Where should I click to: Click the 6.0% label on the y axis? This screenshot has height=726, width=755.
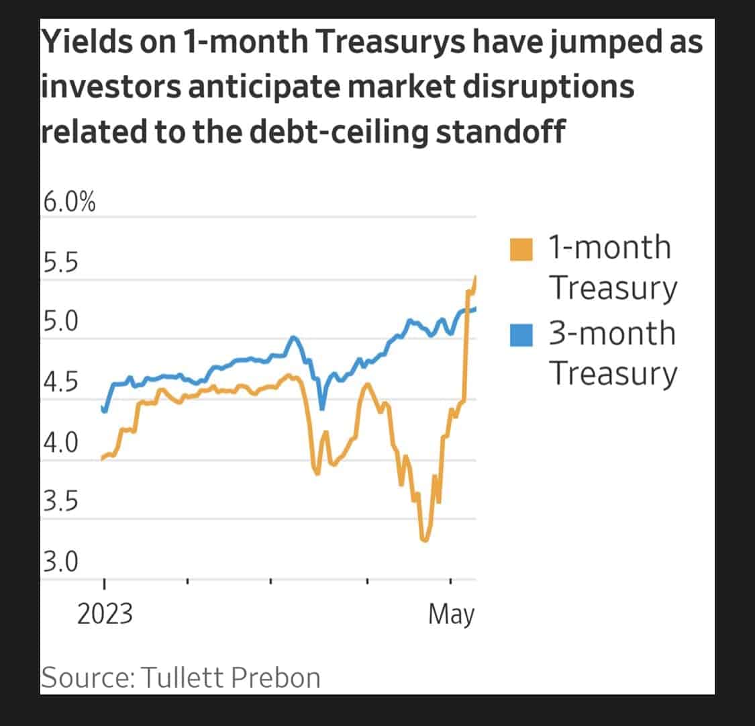tap(68, 202)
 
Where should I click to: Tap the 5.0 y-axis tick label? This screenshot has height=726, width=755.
tap(60, 322)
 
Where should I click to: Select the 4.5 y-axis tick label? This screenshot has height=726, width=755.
tap(60, 383)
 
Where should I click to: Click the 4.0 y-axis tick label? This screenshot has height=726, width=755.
tap(60, 443)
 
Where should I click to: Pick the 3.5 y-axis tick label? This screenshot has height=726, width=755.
tap(60, 502)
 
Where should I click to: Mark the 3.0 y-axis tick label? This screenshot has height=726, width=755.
tap(60, 561)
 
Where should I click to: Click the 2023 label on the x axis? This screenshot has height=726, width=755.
tap(105, 615)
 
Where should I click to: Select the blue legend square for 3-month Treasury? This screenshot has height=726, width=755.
tap(522, 334)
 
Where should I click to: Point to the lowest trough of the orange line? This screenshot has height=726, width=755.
tap(423, 539)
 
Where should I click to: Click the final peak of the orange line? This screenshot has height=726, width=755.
tap(475, 276)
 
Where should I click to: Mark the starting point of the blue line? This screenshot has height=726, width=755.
tap(102, 407)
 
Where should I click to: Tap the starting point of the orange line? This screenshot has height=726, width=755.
tap(102, 459)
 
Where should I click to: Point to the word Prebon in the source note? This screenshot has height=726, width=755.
tap(276, 678)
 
